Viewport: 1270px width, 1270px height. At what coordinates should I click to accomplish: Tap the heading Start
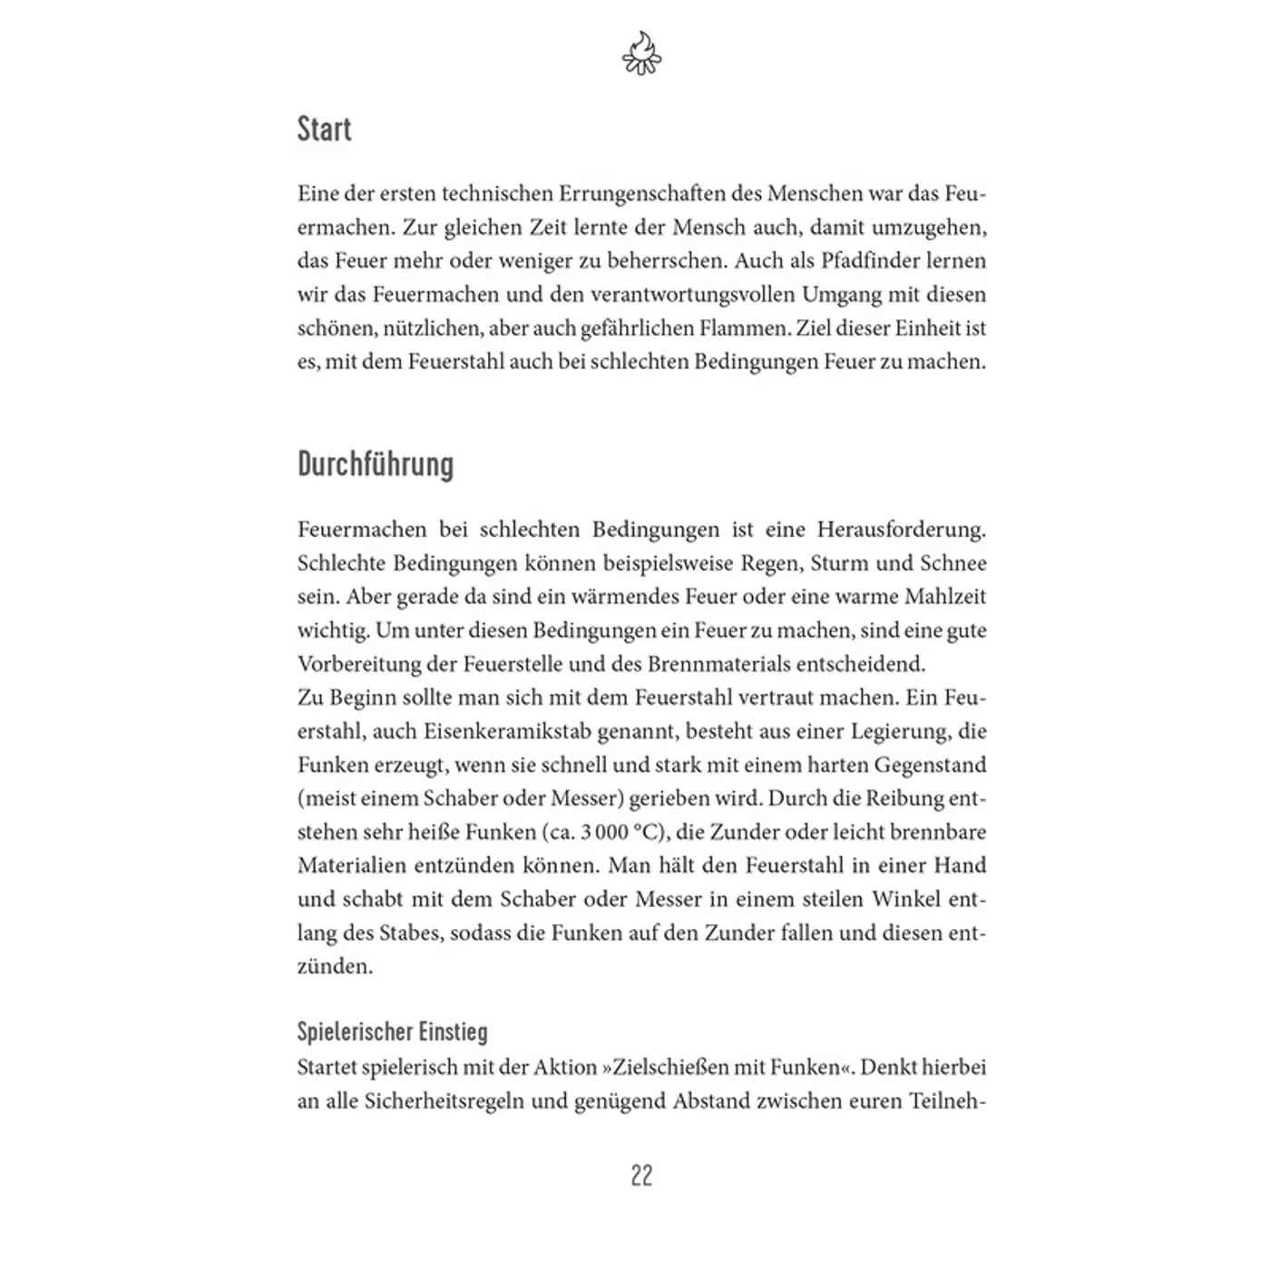click(x=324, y=130)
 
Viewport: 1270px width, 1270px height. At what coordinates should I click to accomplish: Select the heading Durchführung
click(x=376, y=464)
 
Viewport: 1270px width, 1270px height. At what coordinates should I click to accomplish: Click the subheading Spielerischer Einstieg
click(x=392, y=1032)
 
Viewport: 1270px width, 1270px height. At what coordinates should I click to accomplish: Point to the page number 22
click(x=641, y=1176)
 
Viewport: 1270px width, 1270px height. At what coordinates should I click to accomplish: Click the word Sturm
click(x=839, y=562)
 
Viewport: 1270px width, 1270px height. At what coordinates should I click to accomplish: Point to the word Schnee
click(x=952, y=562)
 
